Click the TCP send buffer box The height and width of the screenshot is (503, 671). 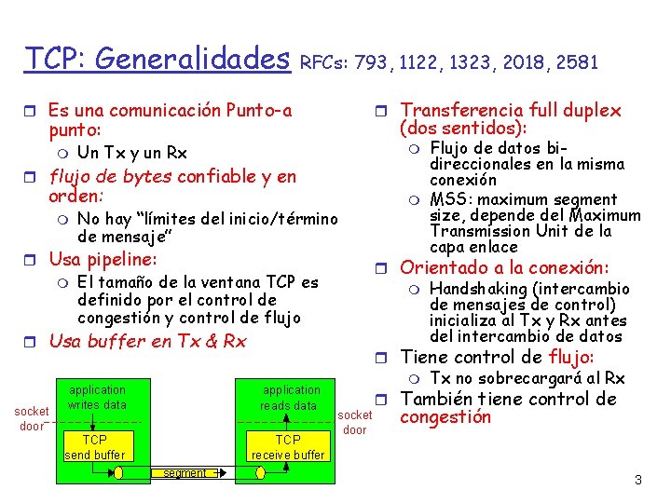[x=95, y=447]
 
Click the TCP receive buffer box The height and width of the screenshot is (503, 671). [x=288, y=447]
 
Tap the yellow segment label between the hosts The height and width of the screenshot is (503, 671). [x=185, y=473]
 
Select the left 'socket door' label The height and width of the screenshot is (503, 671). [x=32, y=419]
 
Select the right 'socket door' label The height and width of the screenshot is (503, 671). [x=354, y=422]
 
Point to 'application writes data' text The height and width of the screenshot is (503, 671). [x=97, y=398]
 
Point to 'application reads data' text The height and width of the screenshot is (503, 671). [x=291, y=398]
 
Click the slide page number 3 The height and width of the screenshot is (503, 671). [x=638, y=481]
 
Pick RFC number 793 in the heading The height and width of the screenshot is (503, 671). [x=374, y=63]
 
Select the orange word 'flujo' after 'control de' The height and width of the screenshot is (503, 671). [x=571, y=357]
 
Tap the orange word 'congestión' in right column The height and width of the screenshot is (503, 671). [x=445, y=417]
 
